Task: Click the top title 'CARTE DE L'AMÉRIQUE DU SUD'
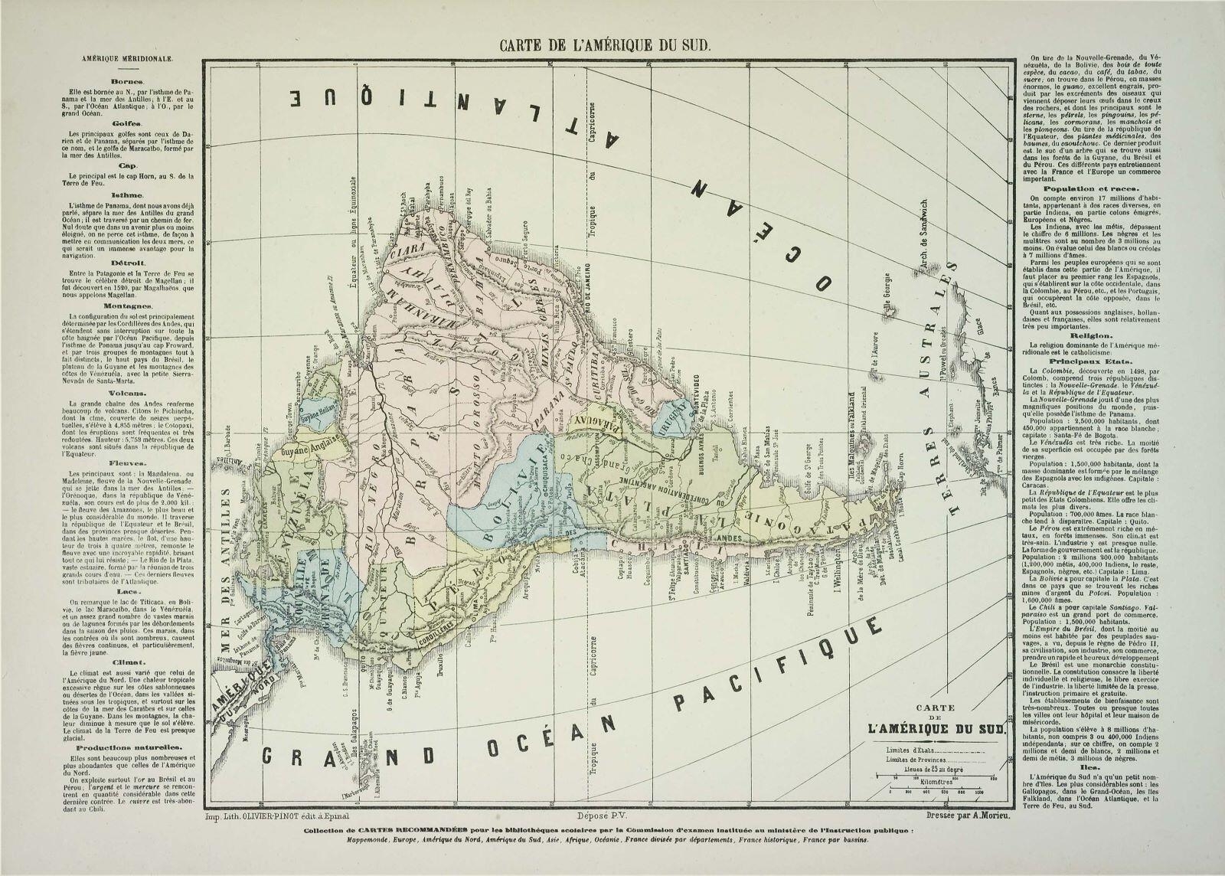click(x=606, y=44)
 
